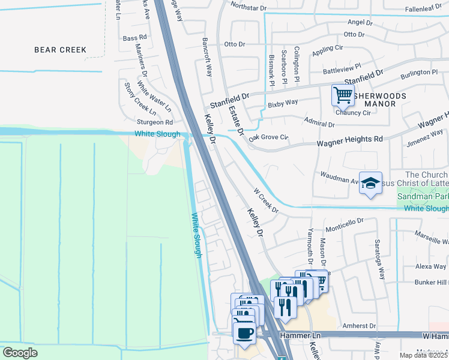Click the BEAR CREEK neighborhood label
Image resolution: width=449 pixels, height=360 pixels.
pyautogui.click(x=60, y=50)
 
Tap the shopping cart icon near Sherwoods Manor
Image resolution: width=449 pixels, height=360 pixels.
pyautogui.click(x=342, y=95)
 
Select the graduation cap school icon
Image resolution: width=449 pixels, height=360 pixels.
pyautogui.click(x=370, y=183)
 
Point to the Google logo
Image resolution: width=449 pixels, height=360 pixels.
pyautogui.click(x=20, y=353)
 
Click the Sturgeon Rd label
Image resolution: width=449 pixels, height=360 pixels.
pyautogui.click(x=139, y=122)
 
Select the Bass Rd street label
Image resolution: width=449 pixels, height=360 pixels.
pyautogui.click(x=130, y=38)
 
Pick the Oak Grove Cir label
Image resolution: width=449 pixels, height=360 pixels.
pyautogui.click(x=268, y=137)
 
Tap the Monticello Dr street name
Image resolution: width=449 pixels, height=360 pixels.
pyautogui.click(x=345, y=225)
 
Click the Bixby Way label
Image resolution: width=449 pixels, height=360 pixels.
pyautogui.click(x=283, y=103)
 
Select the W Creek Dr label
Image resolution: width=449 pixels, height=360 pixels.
pyautogui.click(x=265, y=201)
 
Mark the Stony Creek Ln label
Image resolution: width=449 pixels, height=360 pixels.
pyautogui.click(x=140, y=99)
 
